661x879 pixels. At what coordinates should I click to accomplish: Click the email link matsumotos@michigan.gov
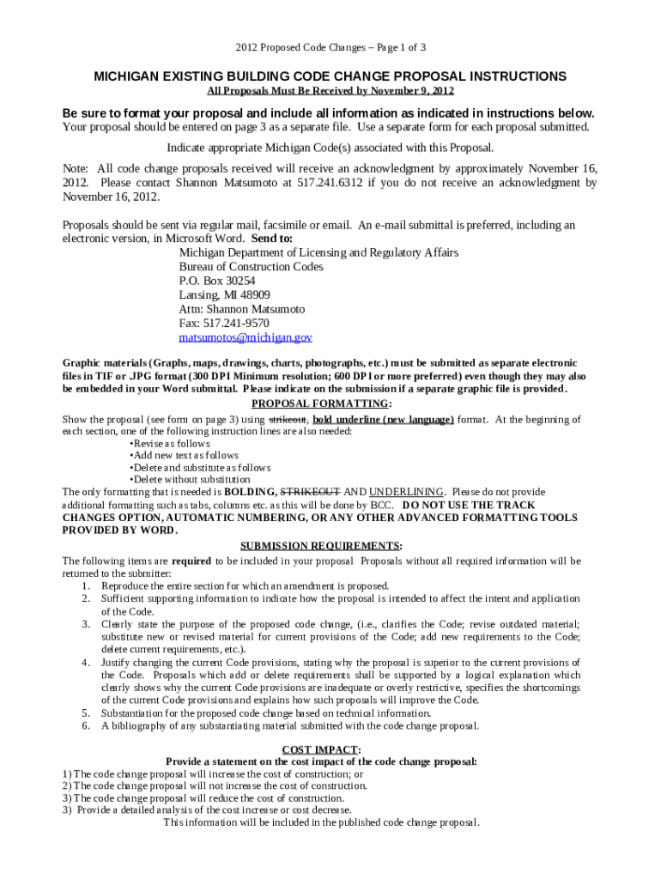[x=246, y=337]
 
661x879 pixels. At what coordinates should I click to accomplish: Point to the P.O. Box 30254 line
[x=217, y=281]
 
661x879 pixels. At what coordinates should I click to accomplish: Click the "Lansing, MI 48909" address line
[x=224, y=295]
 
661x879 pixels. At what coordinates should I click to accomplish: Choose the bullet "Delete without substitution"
[x=190, y=480]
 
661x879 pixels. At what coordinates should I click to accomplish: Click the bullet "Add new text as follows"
[x=184, y=456]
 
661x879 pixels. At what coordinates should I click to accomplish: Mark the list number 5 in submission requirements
[x=86, y=713]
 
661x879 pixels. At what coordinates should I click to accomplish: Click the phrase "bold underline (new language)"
[x=383, y=420]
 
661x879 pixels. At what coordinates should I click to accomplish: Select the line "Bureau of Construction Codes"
[x=251, y=267]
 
